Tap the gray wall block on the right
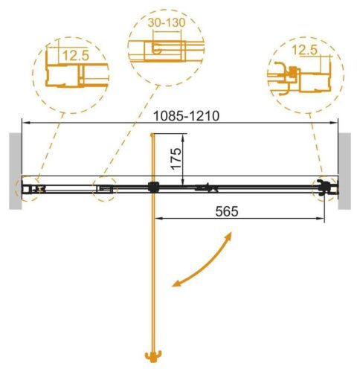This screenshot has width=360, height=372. [346, 172]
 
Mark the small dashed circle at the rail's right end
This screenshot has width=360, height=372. [325, 189]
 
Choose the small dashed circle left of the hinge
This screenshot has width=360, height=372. [104, 189]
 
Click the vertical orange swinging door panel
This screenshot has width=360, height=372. [153, 275]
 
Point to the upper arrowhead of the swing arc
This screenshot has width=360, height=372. [230, 237]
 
